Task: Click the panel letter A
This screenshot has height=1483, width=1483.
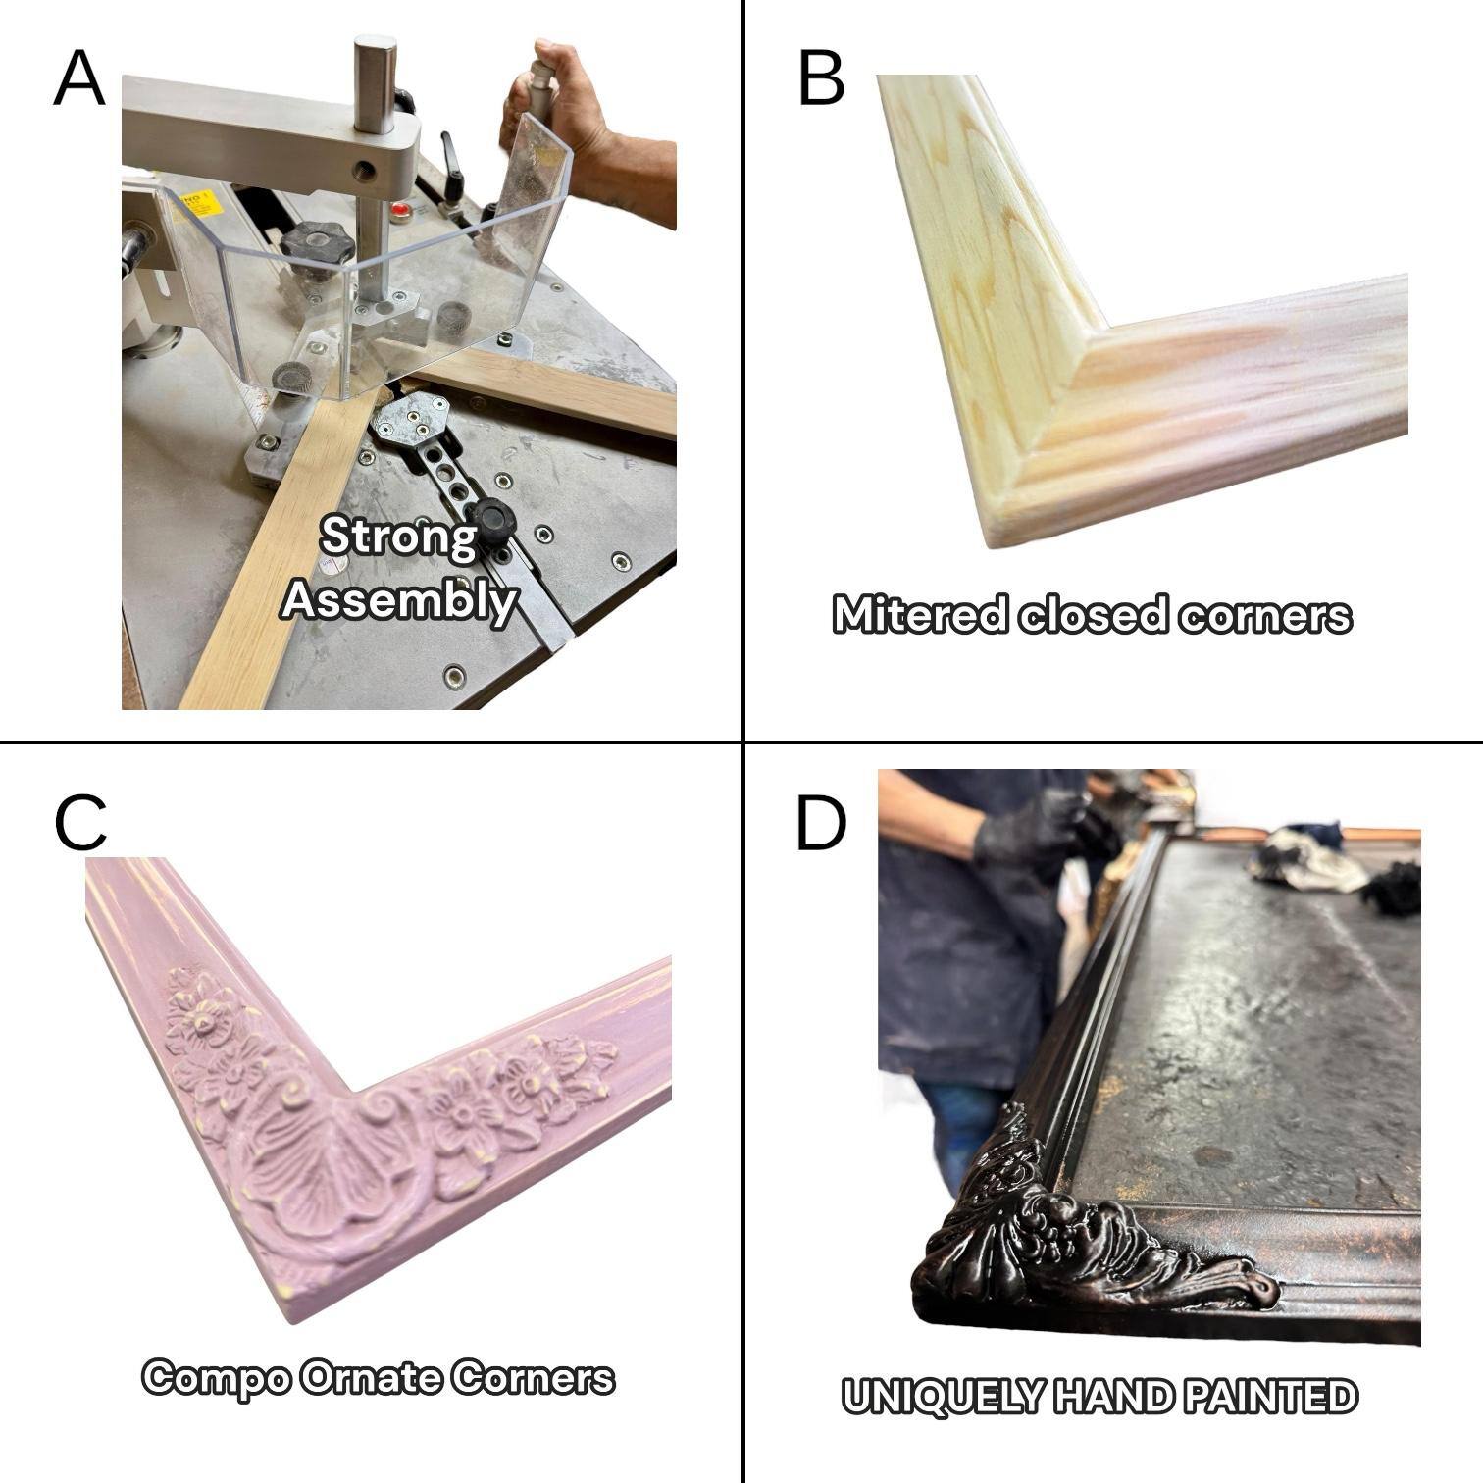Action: [x=78, y=78]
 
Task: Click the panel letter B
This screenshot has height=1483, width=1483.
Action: [x=821, y=78]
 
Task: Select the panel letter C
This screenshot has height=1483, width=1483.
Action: [x=80, y=824]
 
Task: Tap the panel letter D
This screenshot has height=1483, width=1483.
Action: [x=820, y=824]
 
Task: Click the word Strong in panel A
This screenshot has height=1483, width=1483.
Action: [x=398, y=537]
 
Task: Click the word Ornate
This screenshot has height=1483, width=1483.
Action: [x=372, y=1378]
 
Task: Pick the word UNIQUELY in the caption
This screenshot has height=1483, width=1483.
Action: [x=941, y=1397]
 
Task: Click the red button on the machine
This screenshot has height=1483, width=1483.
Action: [x=399, y=210]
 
